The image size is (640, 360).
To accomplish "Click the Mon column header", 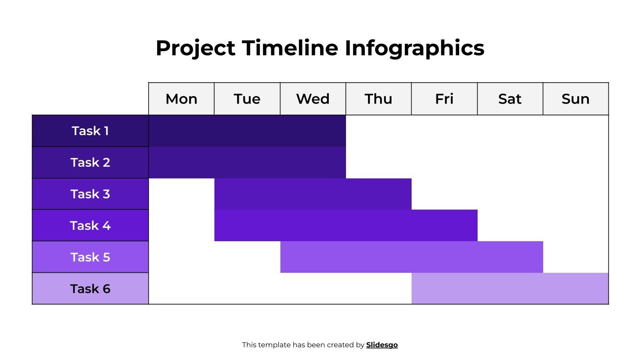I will point(181,99).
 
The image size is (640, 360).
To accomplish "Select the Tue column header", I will point(247,99).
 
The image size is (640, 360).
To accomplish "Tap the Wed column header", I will point(313,99).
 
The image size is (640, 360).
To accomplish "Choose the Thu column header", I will point(378,99).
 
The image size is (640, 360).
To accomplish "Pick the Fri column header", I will point(444,99).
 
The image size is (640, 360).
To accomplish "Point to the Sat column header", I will point(510,99).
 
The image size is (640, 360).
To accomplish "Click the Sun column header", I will point(575,99).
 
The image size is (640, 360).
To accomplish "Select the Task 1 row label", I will point(90,131).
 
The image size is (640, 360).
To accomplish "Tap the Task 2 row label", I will point(90,162).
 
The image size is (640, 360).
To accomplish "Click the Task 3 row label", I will point(90,194).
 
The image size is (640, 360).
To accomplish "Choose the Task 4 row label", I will point(90,226).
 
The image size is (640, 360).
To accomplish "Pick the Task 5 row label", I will point(90,257).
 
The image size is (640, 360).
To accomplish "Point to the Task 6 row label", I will point(90,289).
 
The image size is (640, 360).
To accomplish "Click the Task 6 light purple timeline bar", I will point(510,289).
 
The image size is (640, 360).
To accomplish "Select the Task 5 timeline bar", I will point(411,257).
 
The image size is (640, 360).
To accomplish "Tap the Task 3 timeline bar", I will point(313,194).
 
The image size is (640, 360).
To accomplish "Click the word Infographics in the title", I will point(414,48).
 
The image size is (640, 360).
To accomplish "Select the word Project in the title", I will point(195,48).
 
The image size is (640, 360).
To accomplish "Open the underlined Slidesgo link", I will point(382,345).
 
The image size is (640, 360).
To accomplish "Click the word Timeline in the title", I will point(290,48).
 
